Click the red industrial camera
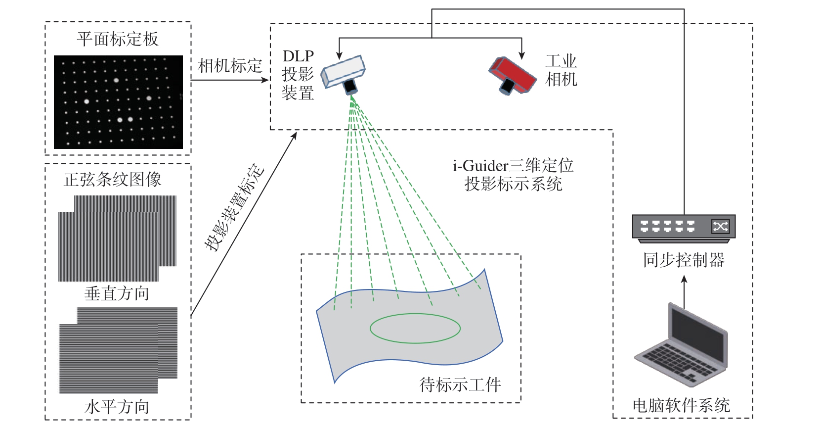coord(513,75)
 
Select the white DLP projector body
coord(343,71)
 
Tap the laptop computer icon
coord(681,344)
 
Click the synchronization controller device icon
coord(684,228)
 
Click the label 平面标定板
coord(118,39)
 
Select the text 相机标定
coord(230,66)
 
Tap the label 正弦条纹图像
coord(113,180)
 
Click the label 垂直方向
coord(117,293)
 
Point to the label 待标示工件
coord(460,385)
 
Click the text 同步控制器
coord(684,260)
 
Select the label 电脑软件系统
coord(681,406)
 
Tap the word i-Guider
coord(480,166)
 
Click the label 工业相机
coord(561,70)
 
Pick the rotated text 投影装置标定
coord(234,208)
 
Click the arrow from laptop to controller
coord(684,292)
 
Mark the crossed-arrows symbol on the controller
coord(720,227)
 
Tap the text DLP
coord(299,56)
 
